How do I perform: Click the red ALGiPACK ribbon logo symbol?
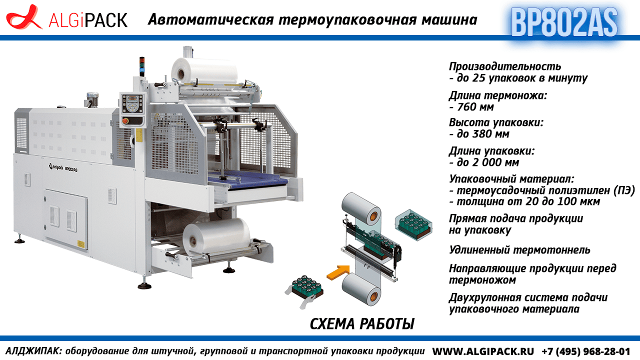tap(24, 17)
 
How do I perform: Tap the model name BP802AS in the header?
tap(564, 22)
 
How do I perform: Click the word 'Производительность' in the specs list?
tap(505, 66)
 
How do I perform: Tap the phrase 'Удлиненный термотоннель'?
tap(519, 250)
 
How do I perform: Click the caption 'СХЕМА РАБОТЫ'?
tap(362, 323)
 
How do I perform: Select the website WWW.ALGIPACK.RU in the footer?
tap(483, 351)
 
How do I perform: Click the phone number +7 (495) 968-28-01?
tap(585, 351)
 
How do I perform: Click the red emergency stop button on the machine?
tap(125, 121)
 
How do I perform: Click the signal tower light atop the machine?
tap(141, 66)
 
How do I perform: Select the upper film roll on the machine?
tap(204, 71)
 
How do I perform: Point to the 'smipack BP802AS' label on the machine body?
tap(63, 167)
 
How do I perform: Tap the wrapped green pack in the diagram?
tap(413, 225)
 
